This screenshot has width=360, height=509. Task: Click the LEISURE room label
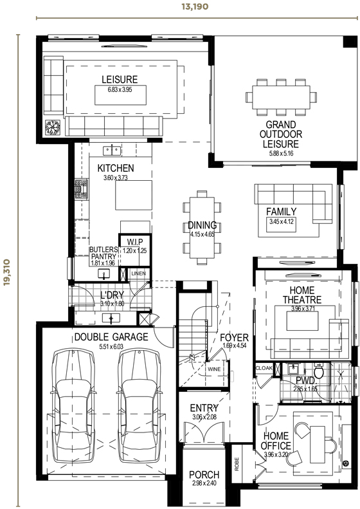[120, 80]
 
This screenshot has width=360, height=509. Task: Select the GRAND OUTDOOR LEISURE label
[278, 134]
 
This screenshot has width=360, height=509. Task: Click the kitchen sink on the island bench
[113, 151]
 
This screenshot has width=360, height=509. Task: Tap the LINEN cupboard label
[138, 273]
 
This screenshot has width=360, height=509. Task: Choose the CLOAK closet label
[264, 368]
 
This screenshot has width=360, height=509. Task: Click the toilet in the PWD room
[319, 372]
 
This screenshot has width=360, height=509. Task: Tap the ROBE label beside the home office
[237, 465]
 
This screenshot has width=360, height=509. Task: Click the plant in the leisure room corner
[52, 127]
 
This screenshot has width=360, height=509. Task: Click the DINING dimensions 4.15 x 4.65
[202, 235]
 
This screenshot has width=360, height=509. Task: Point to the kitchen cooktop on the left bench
[81, 189]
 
